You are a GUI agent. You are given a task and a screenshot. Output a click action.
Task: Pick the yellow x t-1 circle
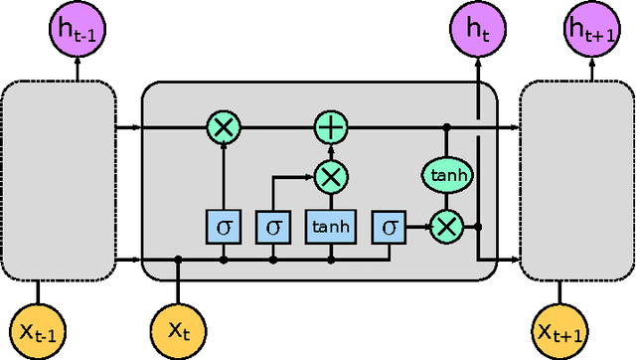[x=37, y=329]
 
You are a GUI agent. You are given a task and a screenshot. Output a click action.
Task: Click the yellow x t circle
[x=178, y=329]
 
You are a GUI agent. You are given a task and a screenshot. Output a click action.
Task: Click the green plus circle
[x=329, y=127]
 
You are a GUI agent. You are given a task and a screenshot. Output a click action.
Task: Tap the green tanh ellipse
[x=447, y=175]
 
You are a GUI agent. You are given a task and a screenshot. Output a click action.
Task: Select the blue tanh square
[x=329, y=227]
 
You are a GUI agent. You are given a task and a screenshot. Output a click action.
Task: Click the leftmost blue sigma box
[x=223, y=227]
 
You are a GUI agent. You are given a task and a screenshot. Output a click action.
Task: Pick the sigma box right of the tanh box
[x=388, y=227]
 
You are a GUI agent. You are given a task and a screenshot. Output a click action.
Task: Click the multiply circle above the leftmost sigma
[x=223, y=127]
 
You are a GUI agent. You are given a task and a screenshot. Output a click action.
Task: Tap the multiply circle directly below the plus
[x=329, y=177]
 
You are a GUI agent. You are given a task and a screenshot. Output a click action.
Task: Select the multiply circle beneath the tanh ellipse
[x=447, y=227]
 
